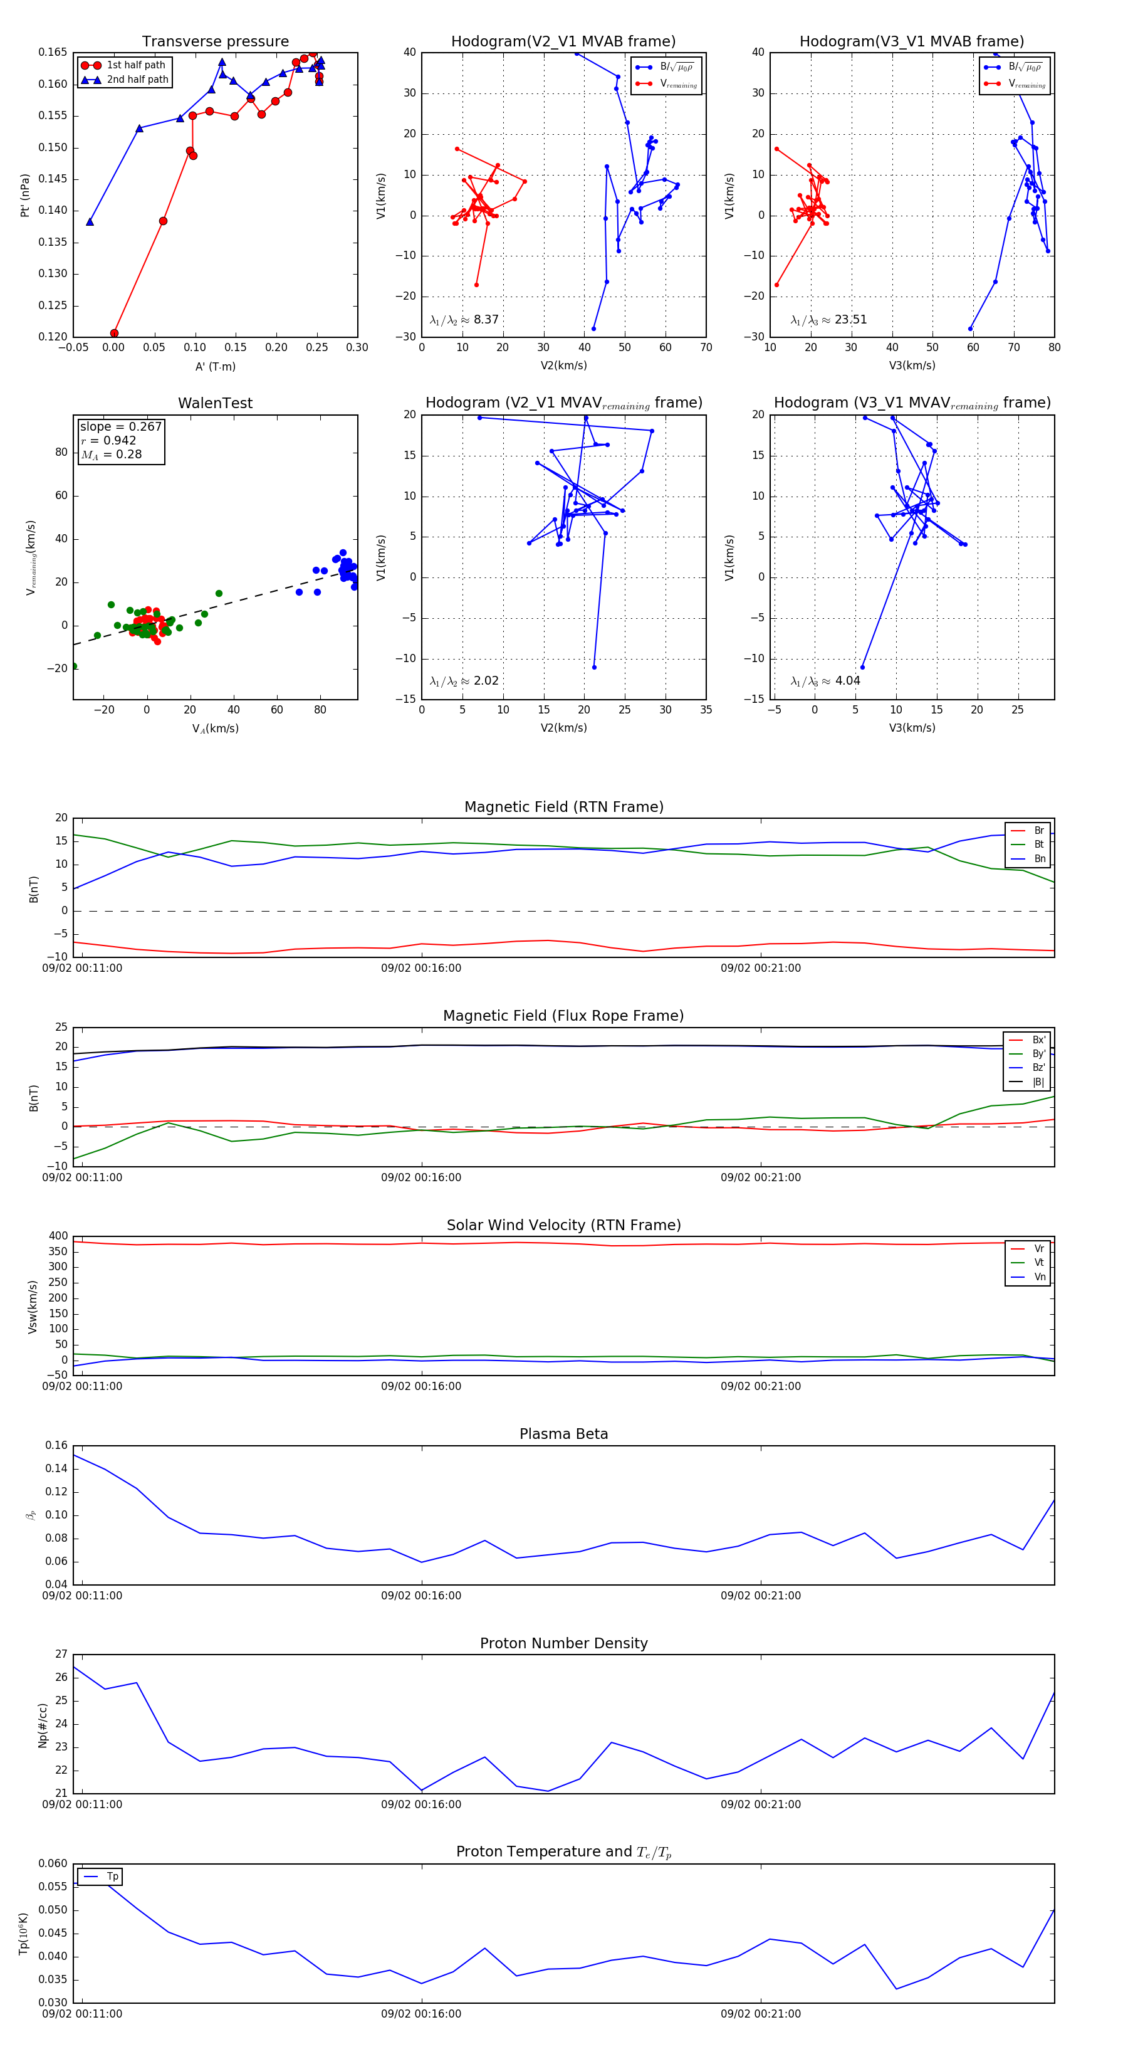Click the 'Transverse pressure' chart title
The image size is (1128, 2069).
pyautogui.click(x=215, y=42)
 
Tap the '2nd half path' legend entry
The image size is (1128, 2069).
pyautogui.click(x=137, y=80)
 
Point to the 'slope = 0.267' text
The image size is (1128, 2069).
pyautogui.click(x=120, y=426)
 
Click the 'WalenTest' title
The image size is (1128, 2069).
pyautogui.click(x=215, y=403)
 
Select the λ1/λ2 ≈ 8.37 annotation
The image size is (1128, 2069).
pyautogui.click(x=464, y=320)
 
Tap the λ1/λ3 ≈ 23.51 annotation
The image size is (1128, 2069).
pyautogui.click(x=828, y=320)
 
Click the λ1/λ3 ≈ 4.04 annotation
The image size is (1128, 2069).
pyautogui.click(x=825, y=681)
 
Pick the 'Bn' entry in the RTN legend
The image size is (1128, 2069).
pyautogui.click(x=1039, y=858)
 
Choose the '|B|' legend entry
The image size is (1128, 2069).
pyautogui.click(x=1038, y=1082)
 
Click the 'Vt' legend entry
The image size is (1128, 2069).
pyautogui.click(x=1039, y=1263)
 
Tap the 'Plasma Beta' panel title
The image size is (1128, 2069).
pyautogui.click(x=563, y=1434)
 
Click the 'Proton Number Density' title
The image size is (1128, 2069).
pyautogui.click(x=563, y=1643)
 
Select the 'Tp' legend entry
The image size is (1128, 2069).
pyautogui.click(x=112, y=1877)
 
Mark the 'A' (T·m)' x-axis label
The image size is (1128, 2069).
pyautogui.click(x=215, y=366)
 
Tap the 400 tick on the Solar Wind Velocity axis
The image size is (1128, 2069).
pyautogui.click(x=58, y=1236)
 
